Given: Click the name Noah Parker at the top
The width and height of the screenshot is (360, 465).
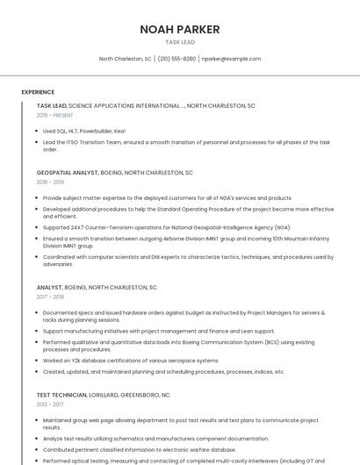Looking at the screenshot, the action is pyautogui.click(x=180, y=30).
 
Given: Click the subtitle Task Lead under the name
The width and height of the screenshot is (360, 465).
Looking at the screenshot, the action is pyautogui.click(x=180, y=42).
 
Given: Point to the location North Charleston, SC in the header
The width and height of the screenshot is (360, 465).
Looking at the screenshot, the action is pyautogui.click(x=125, y=59).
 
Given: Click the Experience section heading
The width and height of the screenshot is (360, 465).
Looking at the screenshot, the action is pyautogui.click(x=38, y=92).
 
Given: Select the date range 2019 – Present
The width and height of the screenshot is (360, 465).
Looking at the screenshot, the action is pyautogui.click(x=54, y=115).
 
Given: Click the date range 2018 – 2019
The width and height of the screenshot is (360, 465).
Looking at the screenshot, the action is pyautogui.click(x=50, y=182).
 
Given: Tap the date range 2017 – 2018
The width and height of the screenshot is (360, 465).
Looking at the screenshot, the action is pyautogui.click(x=50, y=297).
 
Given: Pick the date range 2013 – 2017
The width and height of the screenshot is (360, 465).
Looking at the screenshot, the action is pyautogui.click(x=50, y=404).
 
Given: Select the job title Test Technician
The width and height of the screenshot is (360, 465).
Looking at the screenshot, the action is pyautogui.click(x=61, y=395).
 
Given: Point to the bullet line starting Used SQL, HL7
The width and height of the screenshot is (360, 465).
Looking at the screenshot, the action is pyautogui.click(x=83, y=131).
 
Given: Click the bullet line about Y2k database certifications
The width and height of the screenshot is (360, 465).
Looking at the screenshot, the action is pyautogui.click(x=130, y=360).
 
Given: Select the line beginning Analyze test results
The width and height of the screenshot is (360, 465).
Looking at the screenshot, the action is pyautogui.click(x=143, y=438).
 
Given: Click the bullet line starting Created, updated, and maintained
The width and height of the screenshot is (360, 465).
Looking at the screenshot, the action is pyautogui.click(x=163, y=371).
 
